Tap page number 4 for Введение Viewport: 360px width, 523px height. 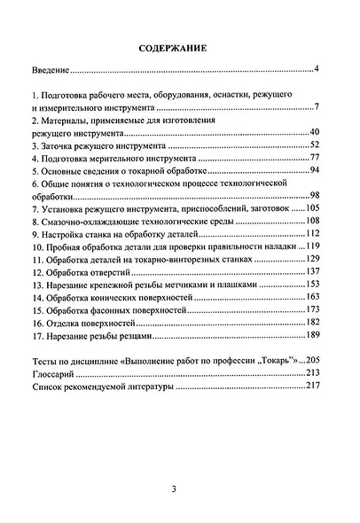pyautogui.click(x=316, y=67)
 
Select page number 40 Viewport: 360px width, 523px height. pyautogui.click(x=313, y=131)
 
